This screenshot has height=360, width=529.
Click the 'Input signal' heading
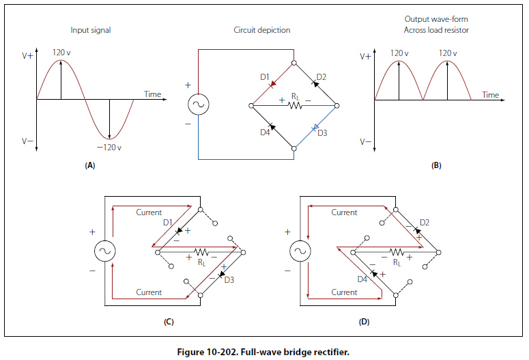coord(91,31)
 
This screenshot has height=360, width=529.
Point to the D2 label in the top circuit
coord(321,77)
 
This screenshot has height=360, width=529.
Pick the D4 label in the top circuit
coord(265,132)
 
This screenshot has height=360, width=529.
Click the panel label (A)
coord(89,165)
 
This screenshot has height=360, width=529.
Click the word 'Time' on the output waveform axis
coord(490,95)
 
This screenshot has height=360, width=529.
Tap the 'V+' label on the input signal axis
coord(27,57)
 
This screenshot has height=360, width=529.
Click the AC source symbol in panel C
coord(106,251)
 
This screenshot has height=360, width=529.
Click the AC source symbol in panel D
coord(300,251)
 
